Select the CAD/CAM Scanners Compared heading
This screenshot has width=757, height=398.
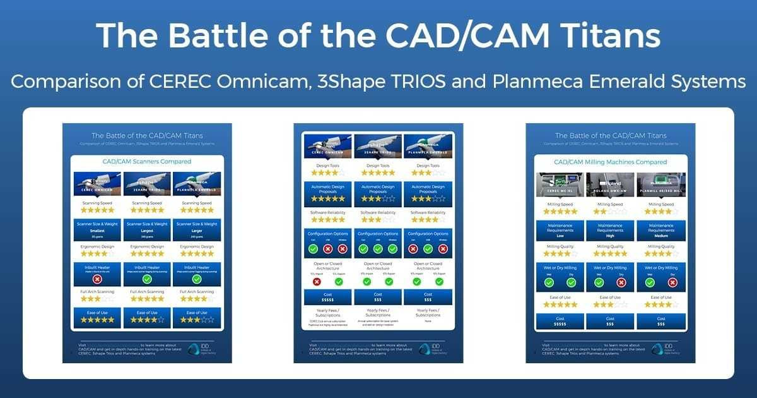pos(147,162)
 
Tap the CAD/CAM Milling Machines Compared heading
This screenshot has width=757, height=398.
pos(611,162)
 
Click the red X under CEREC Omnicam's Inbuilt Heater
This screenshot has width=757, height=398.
pos(97,279)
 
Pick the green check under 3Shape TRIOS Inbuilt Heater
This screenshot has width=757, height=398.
pos(147,279)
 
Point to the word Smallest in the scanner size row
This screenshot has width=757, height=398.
pos(97,232)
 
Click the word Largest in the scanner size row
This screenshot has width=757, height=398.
pos(147,232)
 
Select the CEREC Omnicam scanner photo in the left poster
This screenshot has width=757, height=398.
pos(97,183)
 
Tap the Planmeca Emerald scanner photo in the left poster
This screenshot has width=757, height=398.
pos(196,183)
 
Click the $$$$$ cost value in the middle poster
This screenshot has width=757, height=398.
pos(328,301)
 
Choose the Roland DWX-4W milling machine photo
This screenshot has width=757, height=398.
pos(611,184)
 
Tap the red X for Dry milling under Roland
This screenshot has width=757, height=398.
pos(621,282)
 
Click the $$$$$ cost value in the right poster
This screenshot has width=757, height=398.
pos(560,325)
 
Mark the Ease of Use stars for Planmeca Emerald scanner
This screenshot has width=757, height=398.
pos(196,320)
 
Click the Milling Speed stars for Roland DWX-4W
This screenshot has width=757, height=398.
pos(611,212)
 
